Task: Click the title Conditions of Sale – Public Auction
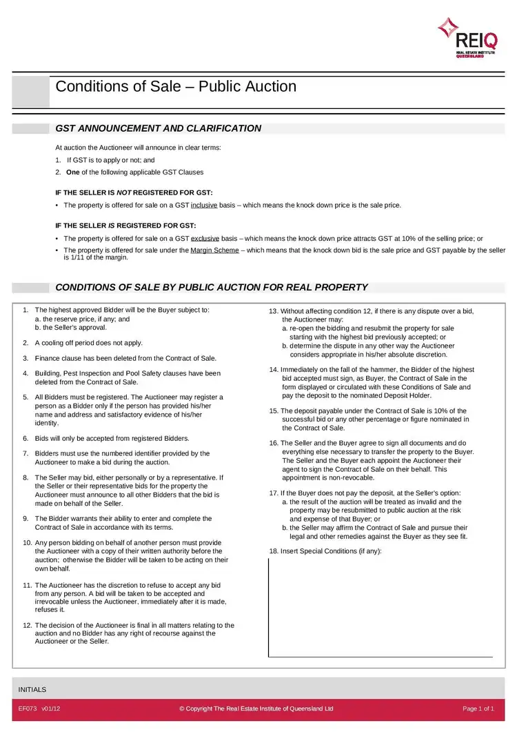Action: (176, 87)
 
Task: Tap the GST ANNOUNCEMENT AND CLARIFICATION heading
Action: (158, 128)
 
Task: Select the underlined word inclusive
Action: (205, 205)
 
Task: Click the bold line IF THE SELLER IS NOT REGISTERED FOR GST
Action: (134, 192)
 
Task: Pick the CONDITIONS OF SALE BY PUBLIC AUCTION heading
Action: (211, 287)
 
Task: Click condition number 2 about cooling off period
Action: (88, 343)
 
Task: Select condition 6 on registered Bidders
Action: (112, 438)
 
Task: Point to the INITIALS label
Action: (32, 689)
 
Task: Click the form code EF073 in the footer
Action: (28, 709)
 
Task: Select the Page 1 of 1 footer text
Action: (478, 709)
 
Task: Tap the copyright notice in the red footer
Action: (256, 709)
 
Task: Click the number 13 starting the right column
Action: (274, 311)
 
